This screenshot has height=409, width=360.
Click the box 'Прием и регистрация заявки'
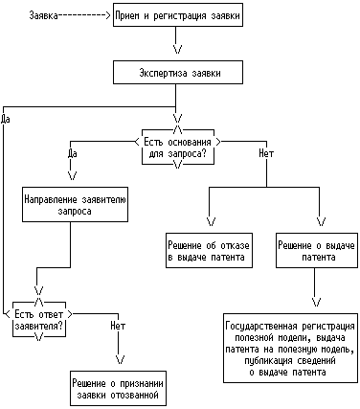click(178, 14)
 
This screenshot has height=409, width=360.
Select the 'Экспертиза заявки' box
click(178, 73)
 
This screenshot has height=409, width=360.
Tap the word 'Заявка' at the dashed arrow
click(44, 15)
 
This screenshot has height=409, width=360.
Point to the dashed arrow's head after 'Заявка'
click(107, 15)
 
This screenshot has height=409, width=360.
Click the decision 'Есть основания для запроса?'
click(178, 147)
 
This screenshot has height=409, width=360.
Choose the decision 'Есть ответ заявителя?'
click(39, 319)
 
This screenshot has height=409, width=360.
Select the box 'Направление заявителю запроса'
click(75, 204)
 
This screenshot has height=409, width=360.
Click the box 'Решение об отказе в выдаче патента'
click(209, 250)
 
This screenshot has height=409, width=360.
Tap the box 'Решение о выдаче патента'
click(317, 250)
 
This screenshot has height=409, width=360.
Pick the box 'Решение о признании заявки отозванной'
click(118, 389)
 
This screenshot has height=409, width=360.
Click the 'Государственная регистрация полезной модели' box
click(290, 348)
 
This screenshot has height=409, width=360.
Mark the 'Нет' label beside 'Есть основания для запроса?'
click(266, 153)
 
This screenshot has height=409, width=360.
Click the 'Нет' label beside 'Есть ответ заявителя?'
click(118, 326)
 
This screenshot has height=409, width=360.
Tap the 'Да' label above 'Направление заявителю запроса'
click(73, 153)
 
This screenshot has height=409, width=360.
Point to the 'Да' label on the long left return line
click(6, 119)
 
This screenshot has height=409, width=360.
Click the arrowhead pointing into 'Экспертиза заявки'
click(178, 49)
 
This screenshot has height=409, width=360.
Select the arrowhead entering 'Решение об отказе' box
click(212, 221)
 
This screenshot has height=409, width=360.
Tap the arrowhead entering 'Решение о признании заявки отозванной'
click(120, 359)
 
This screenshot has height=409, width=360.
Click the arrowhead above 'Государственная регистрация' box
click(316, 302)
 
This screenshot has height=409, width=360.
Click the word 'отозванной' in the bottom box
click(135, 395)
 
